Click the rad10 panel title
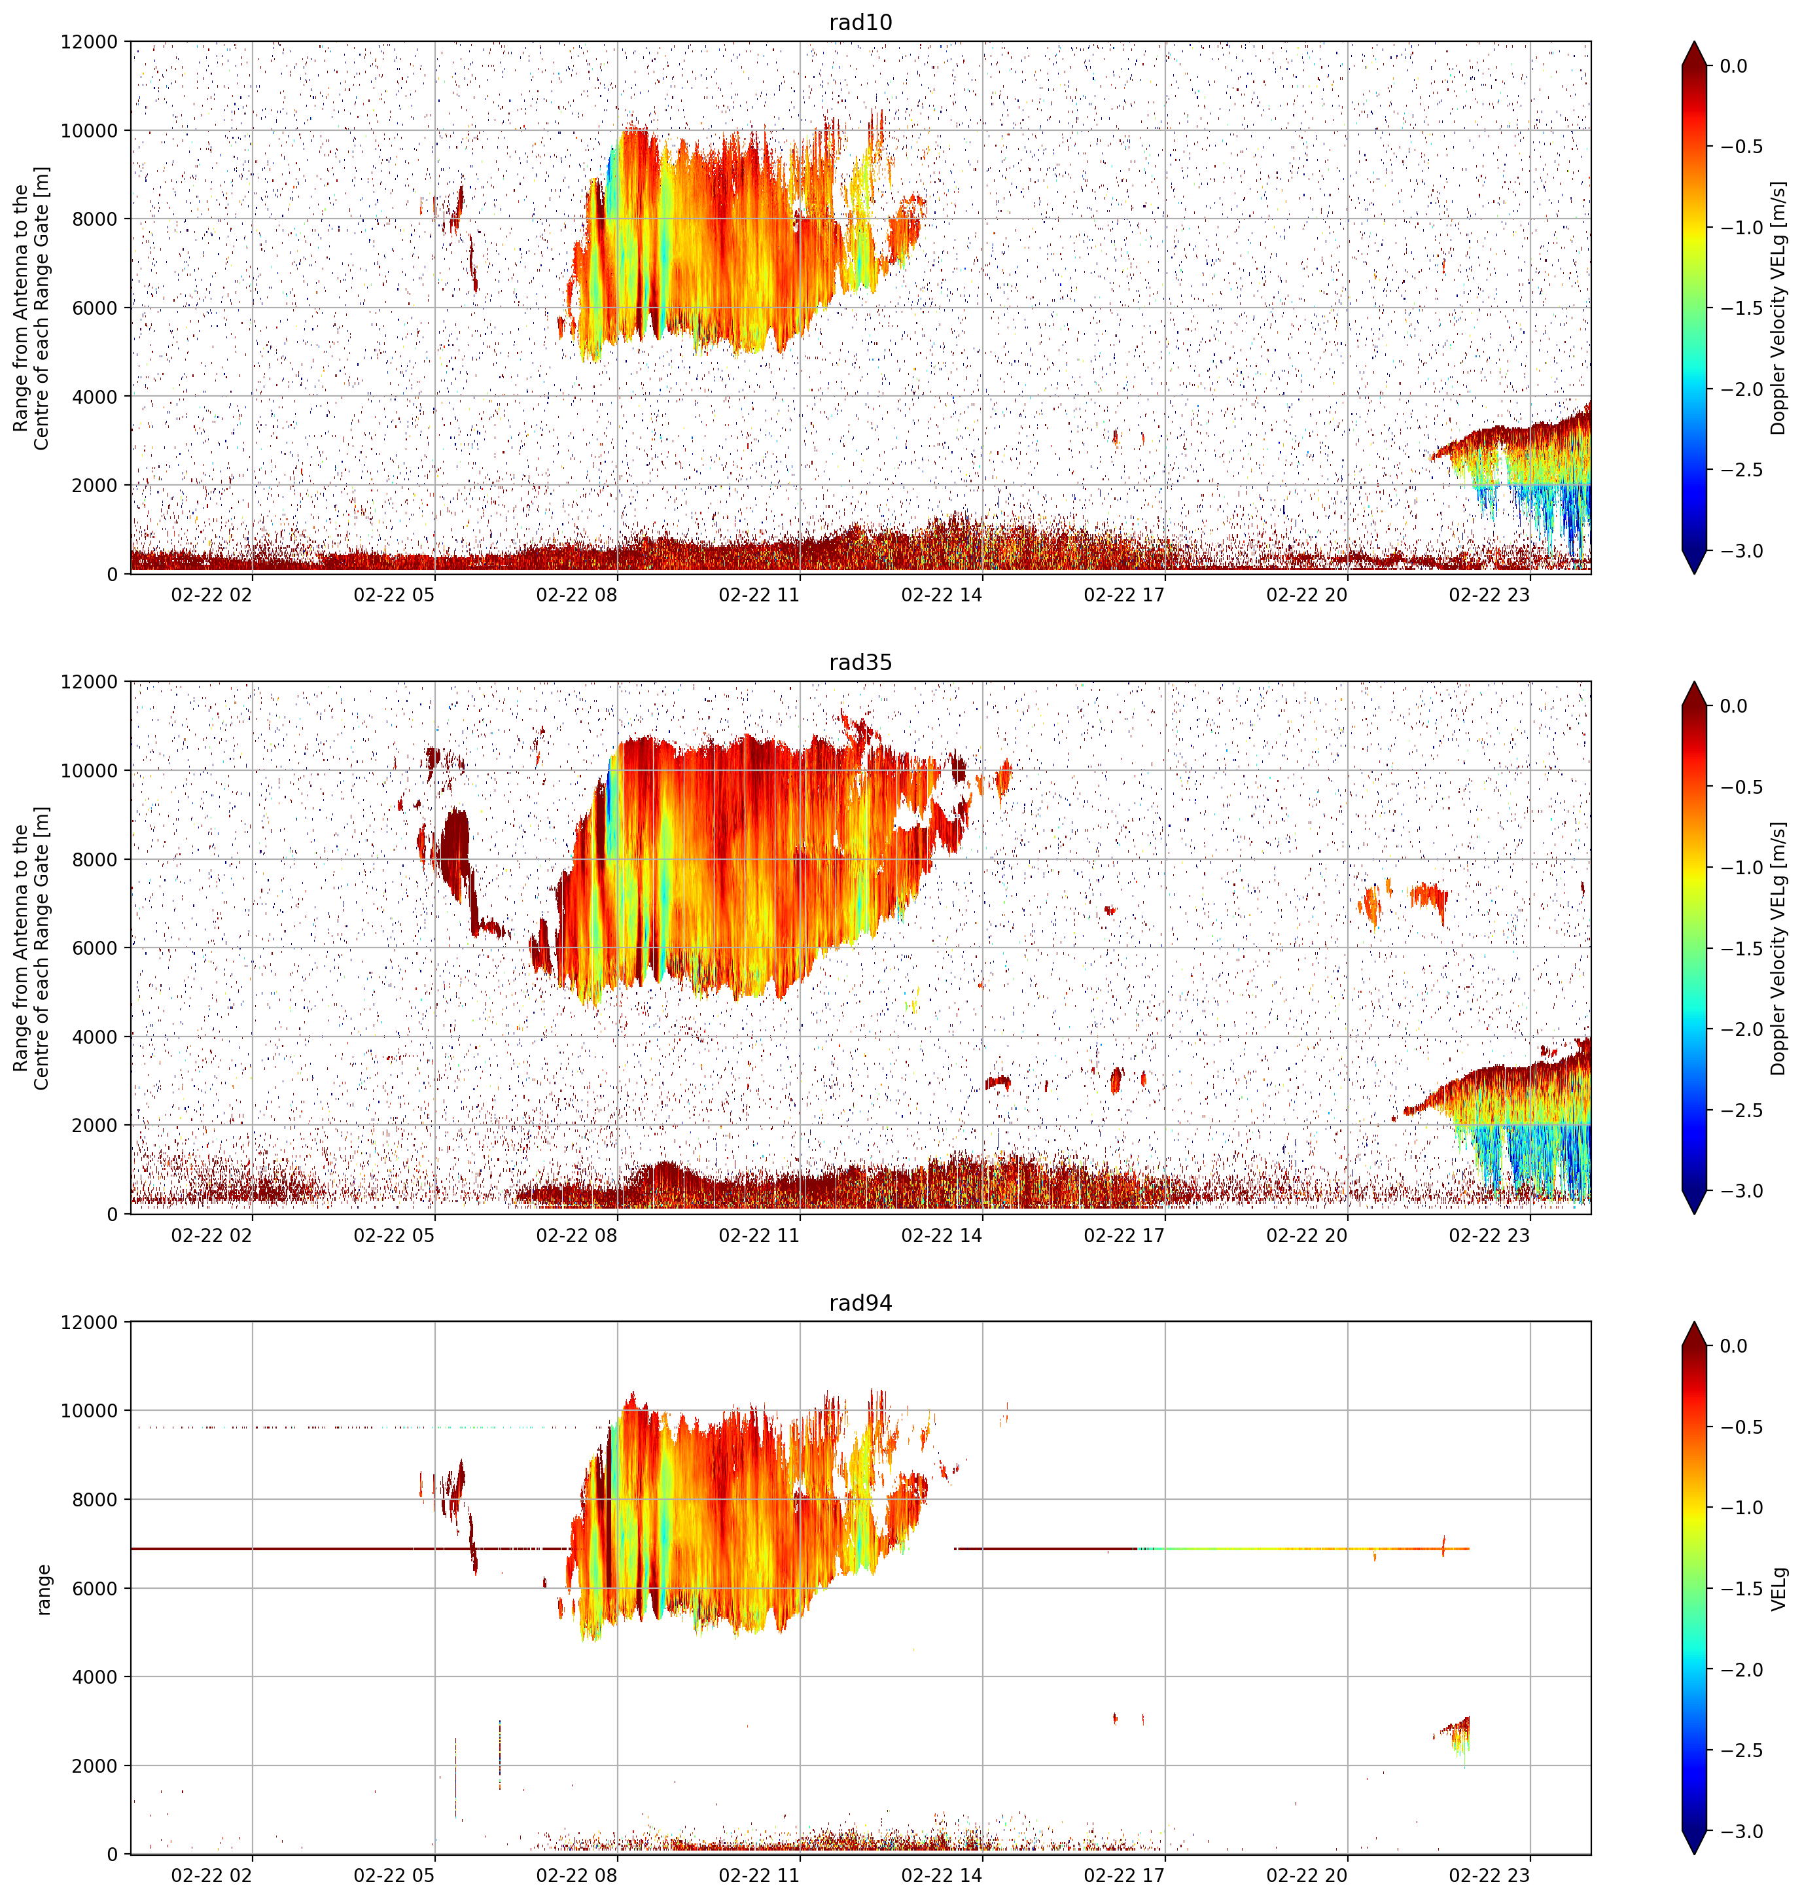pyautogui.click(x=860, y=22)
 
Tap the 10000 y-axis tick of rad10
pyautogui.click(x=90, y=131)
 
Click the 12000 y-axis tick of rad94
pyautogui.click(x=90, y=1322)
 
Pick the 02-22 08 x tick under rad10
pyautogui.click(x=576, y=595)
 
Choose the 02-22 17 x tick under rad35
pyautogui.click(x=1124, y=1235)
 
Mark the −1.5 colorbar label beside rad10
pyautogui.click(x=1740, y=308)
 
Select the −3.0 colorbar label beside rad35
pyautogui.click(x=1740, y=1191)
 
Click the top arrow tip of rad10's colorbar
pyautogui.click(x=1695, y=41)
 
